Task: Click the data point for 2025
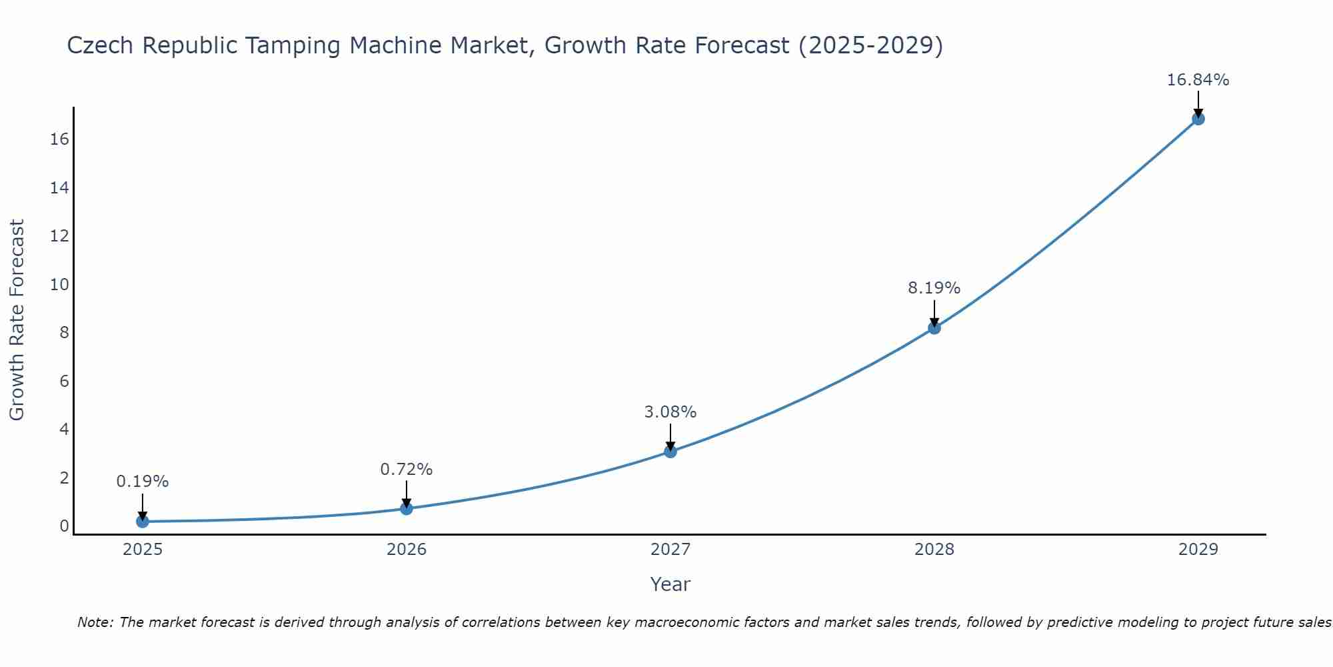click(143, 522)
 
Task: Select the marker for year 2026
click(407, 509)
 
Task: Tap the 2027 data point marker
click(670, 452)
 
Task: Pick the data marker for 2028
click(934, 327)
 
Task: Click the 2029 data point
click(1198, 119)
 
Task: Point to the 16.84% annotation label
click(1198, 80)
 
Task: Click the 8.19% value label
click(934, 288)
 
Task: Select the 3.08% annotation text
click(670, 412)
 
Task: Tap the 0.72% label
click(406, 470)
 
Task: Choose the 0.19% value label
click(143, 482)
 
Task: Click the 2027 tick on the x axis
click(670, 550)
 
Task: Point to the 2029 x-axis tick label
click(1198, 550)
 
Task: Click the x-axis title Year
click(670, 584)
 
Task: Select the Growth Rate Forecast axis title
click(17, 320)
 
